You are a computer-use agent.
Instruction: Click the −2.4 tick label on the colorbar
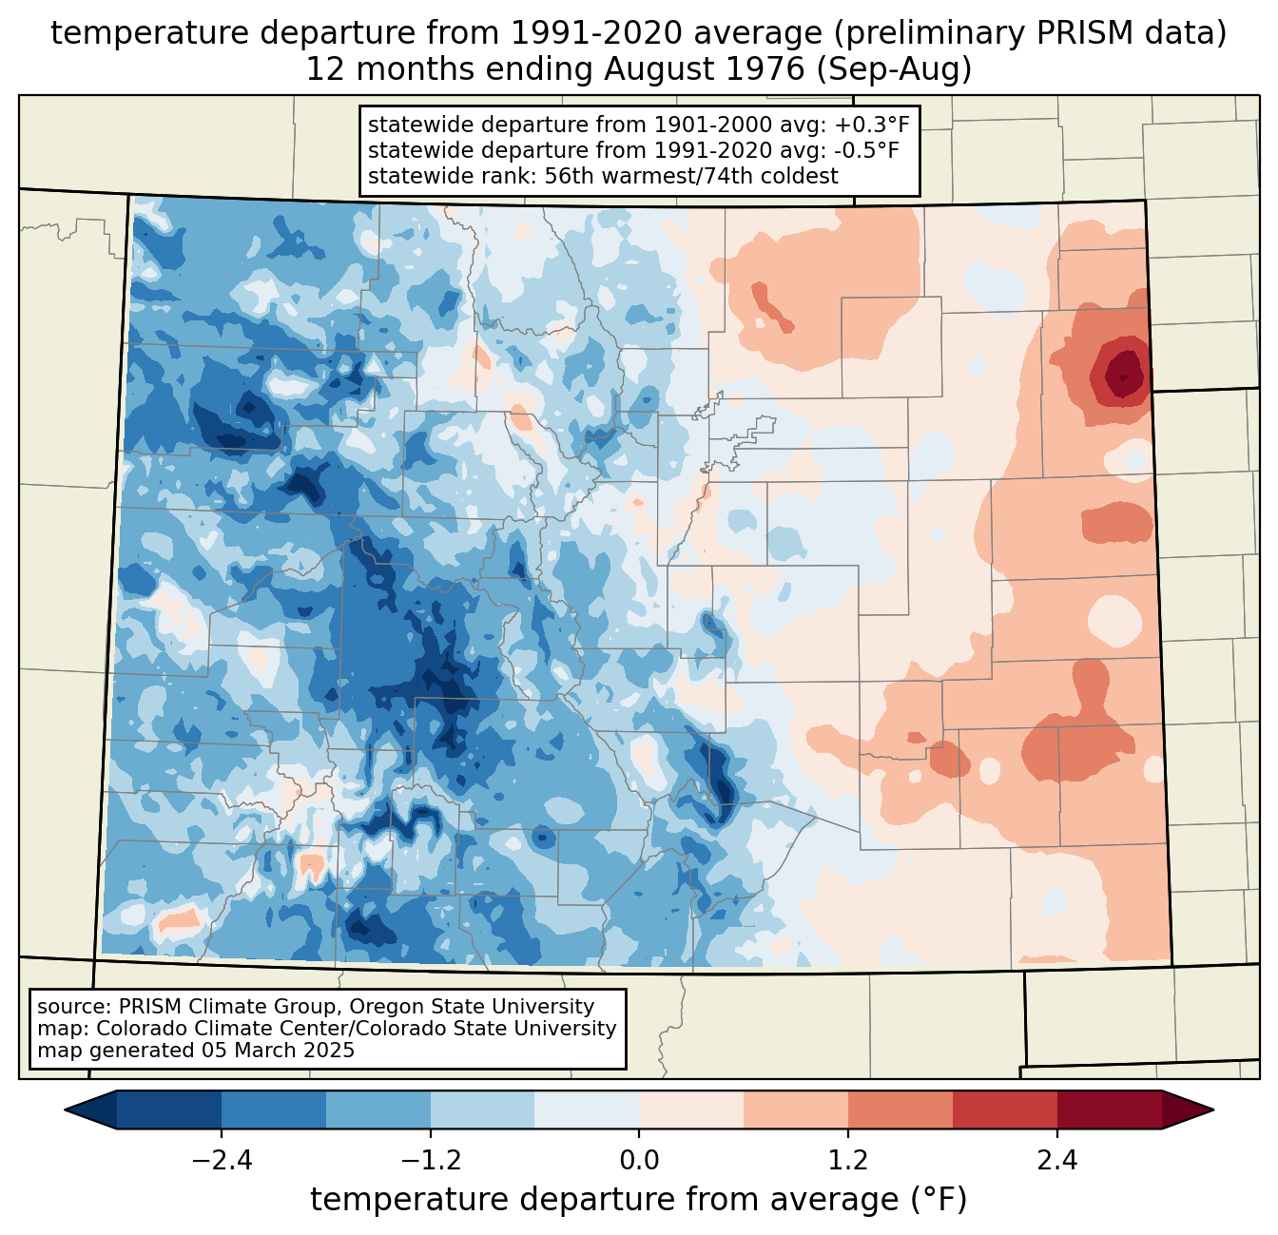(x=222, y=1161)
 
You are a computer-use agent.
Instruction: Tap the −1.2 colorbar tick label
(x=430, y=1161)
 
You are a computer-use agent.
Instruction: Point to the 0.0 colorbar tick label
(x=639, y=1161)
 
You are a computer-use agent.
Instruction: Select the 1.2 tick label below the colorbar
(x=848, y=1161)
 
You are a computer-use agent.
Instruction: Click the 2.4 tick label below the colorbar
(x=1056, y=1161)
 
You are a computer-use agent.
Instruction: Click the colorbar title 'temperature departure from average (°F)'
(x=639, y=1200)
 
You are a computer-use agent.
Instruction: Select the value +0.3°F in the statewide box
(x=872, y=125)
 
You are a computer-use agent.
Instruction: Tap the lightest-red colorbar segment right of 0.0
(x=691, y=1110)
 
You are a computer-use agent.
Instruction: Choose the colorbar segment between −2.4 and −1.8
(x=274, y=1110)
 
